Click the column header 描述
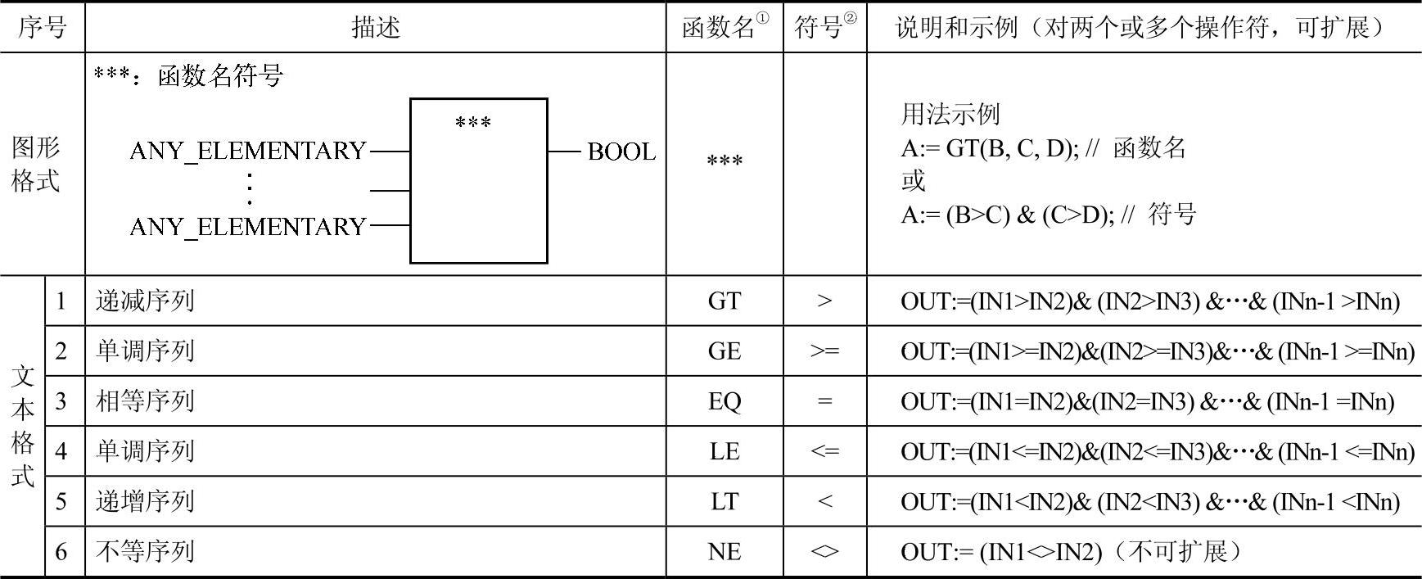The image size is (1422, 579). point(376,28)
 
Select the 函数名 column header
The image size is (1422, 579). point(720,28)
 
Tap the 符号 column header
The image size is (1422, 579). point(819,28)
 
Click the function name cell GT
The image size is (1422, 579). point(725,301)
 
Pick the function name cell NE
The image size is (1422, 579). point(725,552)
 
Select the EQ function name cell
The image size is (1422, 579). point(725,401)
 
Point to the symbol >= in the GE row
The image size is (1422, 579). point(824,351)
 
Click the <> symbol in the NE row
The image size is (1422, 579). point(824,552)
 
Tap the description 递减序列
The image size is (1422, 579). point(145,301)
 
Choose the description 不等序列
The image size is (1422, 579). point(145,552)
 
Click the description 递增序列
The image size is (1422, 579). point(145,501)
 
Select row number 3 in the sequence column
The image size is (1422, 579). point(61,401)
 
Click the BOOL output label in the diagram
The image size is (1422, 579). point(621,152)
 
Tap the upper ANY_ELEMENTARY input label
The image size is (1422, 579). point(248,151)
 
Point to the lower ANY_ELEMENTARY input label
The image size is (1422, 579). point(248,226)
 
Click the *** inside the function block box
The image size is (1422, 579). point(473,124)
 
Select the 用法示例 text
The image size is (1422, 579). point(950,114)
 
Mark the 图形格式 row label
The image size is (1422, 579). point(36,165)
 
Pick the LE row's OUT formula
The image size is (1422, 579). point(1157,451)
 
